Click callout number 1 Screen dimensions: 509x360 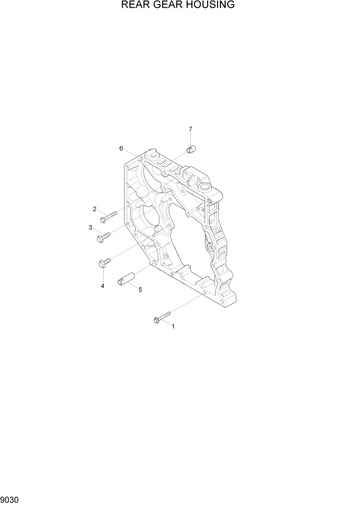pyautogui.click(x=173, y=326)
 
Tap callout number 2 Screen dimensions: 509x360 pyautogui.click(x=95, y=209)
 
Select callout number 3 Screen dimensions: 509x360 pyautogui.click(x=90, y=228)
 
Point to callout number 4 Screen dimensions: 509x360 pyautogui.click(x=103, y=286)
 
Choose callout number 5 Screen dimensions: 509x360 pyautogui.click(x=140, y=289)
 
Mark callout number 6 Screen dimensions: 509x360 pyautogui.click(x=121, y=148)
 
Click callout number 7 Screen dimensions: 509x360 pyautogui.click(x=190, y=129)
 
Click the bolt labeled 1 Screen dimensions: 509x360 pyautogui.click(x=161, y=317)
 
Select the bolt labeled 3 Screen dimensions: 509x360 pyautogui.click(x=104, y=236)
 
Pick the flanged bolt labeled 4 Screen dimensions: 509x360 pyautogui.click(x=103, y=263)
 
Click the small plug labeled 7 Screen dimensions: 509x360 pyautogui.click(x=192, y=149)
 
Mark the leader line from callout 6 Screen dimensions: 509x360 pyautogui.click(x=130, y=153)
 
